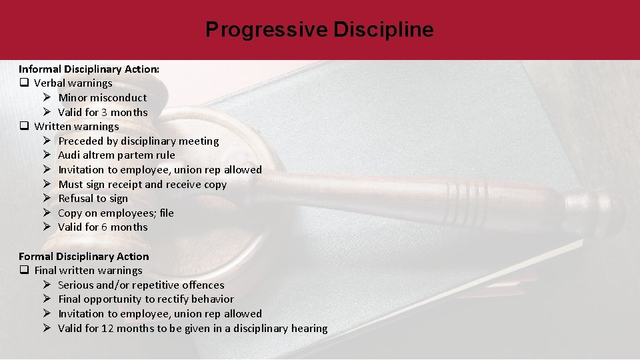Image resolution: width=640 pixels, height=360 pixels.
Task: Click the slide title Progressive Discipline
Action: pyautogui.click(x=319, y=30)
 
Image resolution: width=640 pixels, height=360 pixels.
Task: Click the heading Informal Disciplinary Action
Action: pyautogui.click(x=89, y=69)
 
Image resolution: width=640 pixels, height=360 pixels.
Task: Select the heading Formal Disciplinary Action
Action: pyautogui.click(x=84, y=256)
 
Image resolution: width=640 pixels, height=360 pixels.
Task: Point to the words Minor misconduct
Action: pyautogui.click(x=102, y=98)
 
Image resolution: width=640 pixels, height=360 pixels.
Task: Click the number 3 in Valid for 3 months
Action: pyautogui.click(x=104, y=112)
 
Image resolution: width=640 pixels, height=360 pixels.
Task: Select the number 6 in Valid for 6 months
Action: pyautogui.click(x=104, y=227)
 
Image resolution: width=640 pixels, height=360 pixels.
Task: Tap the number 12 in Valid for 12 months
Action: pyautogui.click(x=107, y=328)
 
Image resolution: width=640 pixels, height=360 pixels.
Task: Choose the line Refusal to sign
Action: pyautogui.click(x=93, y=199)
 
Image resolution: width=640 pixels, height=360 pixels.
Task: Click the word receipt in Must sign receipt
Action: pyautogui.click(x=124, y=185)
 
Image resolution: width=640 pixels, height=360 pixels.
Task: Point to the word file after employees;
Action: pyautogui.click(x=166, y=213)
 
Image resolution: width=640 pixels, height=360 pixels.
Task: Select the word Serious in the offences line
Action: pyautogui.click(x=77, y=285)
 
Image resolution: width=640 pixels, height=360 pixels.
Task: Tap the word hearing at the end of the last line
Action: pyautogui.click(x=308, y=328)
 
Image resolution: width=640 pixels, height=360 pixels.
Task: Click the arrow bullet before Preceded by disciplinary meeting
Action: pyautogui.click(x=47, y=141)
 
